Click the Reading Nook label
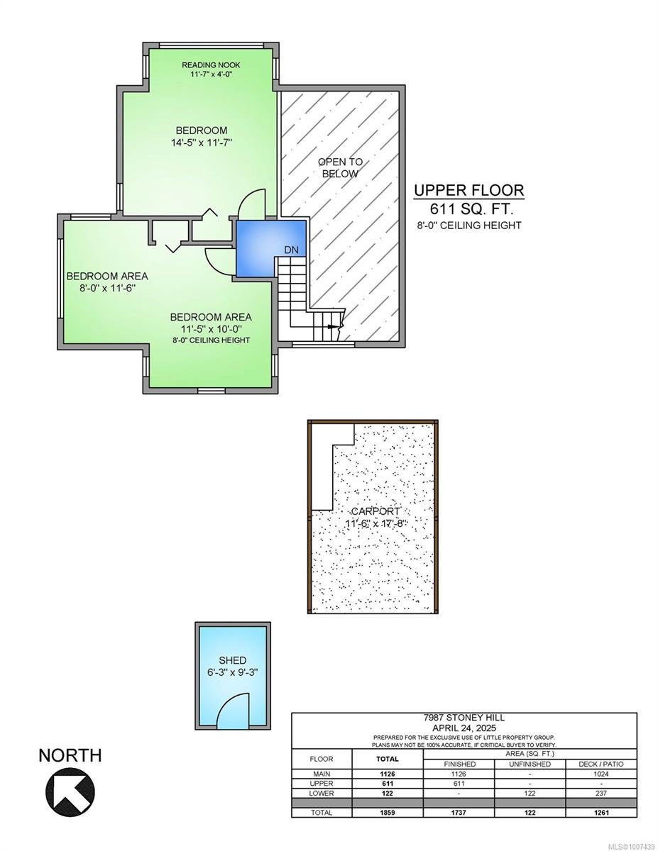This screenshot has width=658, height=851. [210, 65]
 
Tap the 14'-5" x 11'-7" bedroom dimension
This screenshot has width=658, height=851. [202, 143]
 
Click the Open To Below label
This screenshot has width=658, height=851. [340, 167]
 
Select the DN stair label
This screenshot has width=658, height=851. [291, 250]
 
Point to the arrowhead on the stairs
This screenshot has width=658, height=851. [332, 326]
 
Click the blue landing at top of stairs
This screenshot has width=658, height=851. [270, 248]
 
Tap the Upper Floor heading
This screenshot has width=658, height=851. [469, 190]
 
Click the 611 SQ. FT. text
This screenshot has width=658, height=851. [472, 209]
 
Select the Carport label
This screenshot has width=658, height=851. [375, 511]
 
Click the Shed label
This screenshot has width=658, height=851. [233, 660]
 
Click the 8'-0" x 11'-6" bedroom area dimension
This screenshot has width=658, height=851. [107, 288]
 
